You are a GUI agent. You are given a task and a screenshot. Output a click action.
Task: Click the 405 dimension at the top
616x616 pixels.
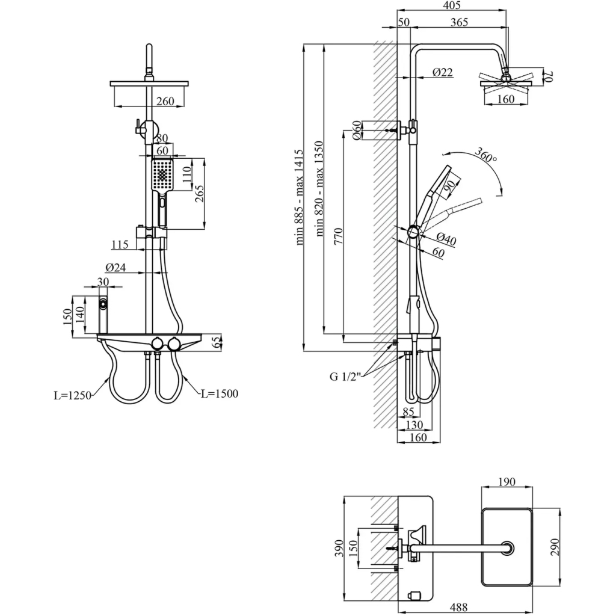point(451,6)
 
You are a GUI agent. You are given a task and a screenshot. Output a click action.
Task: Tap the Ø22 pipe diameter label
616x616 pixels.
point(442,73)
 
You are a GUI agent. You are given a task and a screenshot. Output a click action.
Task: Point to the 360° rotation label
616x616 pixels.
point(485,155)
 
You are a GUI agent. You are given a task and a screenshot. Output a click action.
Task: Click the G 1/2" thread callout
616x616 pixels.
point(345,377)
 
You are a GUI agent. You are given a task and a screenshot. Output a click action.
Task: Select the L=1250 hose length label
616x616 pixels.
point(72,395)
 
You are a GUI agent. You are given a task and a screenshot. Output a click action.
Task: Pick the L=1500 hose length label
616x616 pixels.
point(219,393)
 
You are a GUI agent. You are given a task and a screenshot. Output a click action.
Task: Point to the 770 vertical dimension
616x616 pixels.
point(339,235)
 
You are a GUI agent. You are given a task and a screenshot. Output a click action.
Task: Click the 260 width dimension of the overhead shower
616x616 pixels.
point(165,101)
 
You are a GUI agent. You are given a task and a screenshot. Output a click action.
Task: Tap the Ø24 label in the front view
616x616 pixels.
point(115,268)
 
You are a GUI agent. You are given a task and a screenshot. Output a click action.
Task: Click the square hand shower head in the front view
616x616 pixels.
point(162,174)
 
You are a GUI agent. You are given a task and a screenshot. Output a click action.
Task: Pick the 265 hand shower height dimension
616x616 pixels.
point(200,194)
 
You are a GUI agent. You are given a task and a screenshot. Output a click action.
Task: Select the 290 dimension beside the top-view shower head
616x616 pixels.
point(555,547)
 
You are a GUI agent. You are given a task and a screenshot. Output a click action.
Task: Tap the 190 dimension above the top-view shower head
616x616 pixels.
point(507,482)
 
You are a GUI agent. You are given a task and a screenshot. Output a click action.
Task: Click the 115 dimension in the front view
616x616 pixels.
point(120,245)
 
